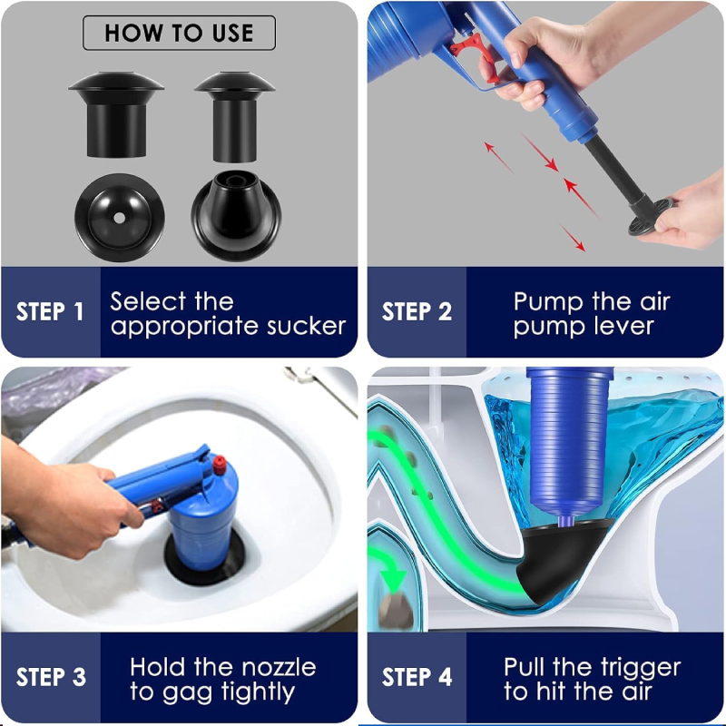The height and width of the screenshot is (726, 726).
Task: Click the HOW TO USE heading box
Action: tap(179, 34)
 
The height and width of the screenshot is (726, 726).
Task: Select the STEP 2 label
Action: tap(417, 312)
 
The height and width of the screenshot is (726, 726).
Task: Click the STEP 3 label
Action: tap(51, 677)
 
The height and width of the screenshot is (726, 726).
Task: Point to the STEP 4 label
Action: tap(417, 677)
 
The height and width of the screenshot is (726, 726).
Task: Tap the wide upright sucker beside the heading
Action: tap(116, 113)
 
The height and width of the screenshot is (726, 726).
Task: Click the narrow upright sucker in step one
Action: tap(235, 113)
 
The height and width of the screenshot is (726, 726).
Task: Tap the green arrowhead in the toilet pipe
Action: tap(394, 578)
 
